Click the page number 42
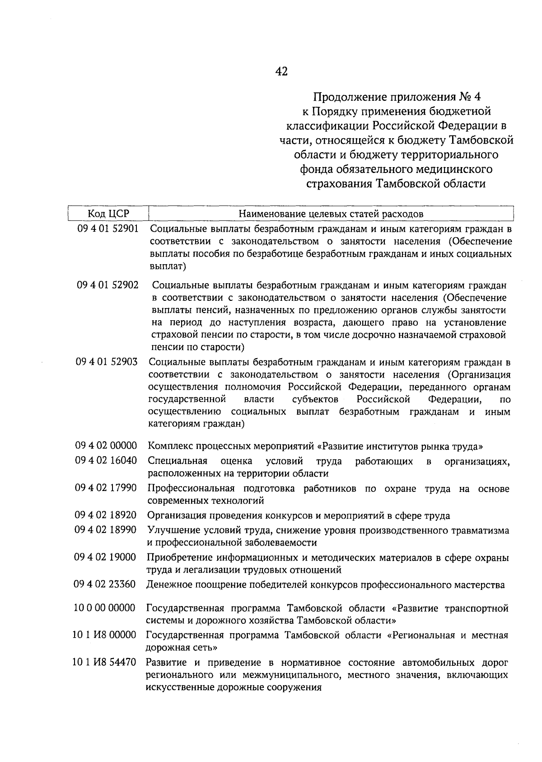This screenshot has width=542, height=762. click(x=281, y=71)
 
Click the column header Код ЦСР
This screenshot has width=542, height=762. click(x=108, y=213)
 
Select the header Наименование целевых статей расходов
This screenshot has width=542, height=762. click(x=331, y=213)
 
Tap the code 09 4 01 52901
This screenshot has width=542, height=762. click(x=107, y=229)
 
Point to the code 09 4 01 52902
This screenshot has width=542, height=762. click(x=107, y=285)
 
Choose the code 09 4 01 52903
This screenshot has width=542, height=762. click(x=107, y=362)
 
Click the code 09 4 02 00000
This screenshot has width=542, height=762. click(x=106, y=446)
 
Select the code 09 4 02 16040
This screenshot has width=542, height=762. click(x=106, y=461)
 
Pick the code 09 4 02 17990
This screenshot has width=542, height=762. click(x=106, y=488)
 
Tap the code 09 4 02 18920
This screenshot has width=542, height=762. click(x=106, y=515)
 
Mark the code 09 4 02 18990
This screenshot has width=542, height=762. click(x=106, y=530)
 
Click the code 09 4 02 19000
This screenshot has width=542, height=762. click(x=105, y=557)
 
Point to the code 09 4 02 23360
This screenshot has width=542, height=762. click(x=105, y=584)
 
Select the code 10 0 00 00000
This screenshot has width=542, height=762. click(x=104, y=608)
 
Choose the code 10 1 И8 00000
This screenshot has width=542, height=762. click(x=104, y=635)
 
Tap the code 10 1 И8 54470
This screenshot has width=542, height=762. click(x=104, y=663)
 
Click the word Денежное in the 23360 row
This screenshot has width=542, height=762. click(x=167, y=585)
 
